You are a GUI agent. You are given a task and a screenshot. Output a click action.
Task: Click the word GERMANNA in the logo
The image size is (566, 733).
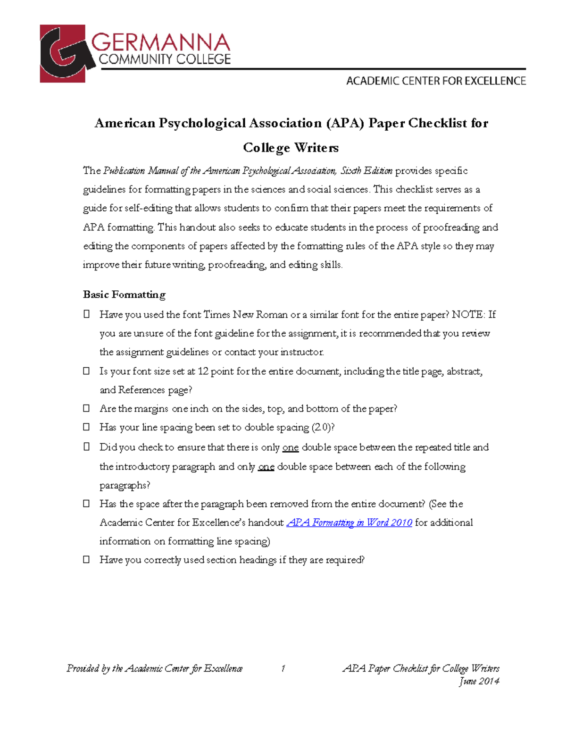[160, 43]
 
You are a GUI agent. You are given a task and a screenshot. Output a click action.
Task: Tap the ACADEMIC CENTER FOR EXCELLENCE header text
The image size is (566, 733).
[436, 81]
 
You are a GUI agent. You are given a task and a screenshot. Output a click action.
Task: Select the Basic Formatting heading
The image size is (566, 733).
[124, 295]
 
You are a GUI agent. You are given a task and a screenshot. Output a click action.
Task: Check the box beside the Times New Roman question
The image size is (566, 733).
[86, 314]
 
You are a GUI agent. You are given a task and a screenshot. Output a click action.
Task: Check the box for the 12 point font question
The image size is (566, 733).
[86, 371]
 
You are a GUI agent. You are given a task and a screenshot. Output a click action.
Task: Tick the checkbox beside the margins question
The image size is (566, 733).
[86, 408]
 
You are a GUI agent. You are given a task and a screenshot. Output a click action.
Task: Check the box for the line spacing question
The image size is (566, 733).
[86, 427]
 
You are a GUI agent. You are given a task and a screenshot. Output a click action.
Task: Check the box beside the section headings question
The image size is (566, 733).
[86, 560]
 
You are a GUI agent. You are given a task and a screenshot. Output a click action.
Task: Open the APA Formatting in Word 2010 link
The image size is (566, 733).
[349, 522]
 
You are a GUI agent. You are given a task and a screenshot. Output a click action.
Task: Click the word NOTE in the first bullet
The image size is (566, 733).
[467, 314]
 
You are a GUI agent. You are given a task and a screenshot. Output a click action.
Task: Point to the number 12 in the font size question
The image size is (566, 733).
[203, 371]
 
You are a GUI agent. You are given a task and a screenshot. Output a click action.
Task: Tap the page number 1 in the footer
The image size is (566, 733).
[283, 668]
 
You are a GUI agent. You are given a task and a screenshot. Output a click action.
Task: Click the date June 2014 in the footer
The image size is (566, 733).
[479, 681]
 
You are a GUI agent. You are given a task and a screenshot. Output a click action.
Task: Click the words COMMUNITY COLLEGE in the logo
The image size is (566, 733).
[165, 59]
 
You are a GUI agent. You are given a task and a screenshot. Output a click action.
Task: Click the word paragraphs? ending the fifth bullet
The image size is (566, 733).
[125, 485]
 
